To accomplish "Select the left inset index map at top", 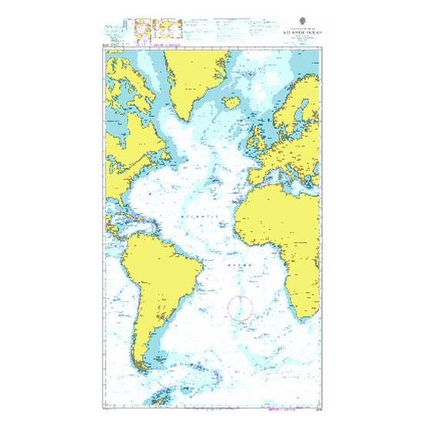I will pos(142,30).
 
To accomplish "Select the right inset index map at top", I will pos(169,30).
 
